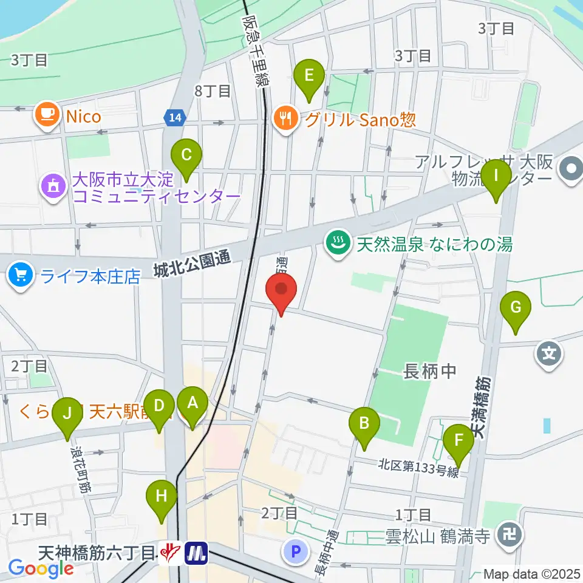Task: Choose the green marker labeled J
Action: (x=67, y=417)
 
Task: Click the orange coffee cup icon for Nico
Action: (x=47, y=115)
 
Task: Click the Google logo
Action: (x=41, y=569)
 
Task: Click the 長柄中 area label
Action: (x=429, y=372)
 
